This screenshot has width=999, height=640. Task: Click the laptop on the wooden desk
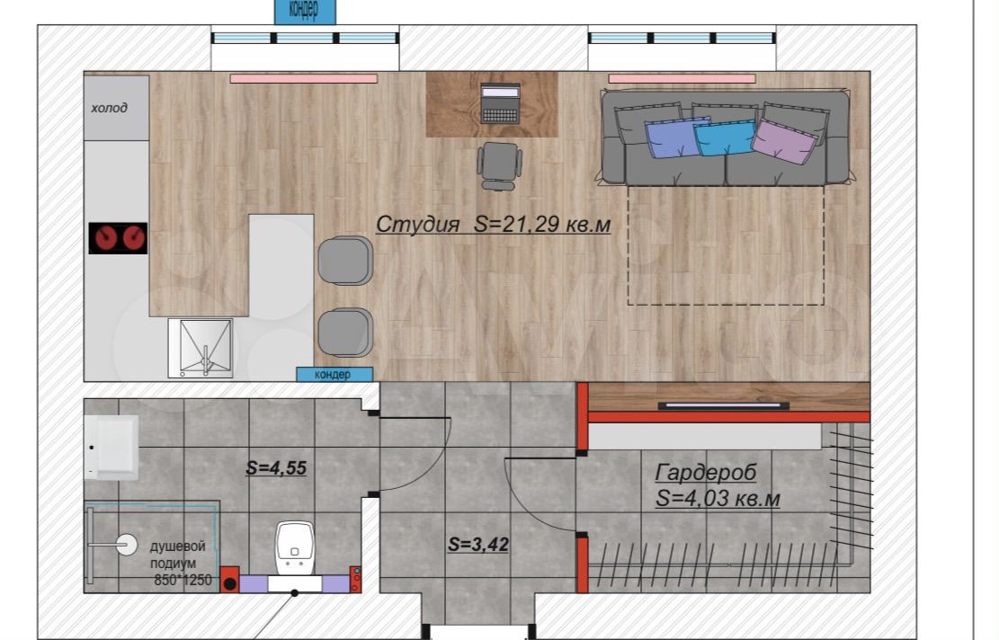tap(500, 103)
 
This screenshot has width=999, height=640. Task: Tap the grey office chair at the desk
tap(500, 166)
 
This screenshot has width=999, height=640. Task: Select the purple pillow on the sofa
tap(784, 141)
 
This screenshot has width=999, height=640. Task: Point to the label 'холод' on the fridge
tap(109, 108)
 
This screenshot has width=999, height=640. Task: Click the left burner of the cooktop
tap(104, 239)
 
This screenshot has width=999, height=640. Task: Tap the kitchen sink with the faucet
tap(201, 349)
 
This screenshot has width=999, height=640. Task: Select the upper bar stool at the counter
tap(345, 261)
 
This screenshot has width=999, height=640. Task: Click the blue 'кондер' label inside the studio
tap(334, 375)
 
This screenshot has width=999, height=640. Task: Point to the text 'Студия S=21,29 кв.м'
tap(493, 224)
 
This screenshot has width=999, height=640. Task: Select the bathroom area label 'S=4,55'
tap(276, 468)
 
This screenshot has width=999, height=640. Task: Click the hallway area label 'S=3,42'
tap(477, 545)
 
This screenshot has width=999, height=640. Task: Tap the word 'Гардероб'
tap(706, 473)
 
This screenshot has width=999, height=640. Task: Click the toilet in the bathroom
tap(295, 548)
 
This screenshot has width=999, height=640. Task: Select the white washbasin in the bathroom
tap(112, 447)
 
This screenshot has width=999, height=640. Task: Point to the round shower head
tap(126, 545)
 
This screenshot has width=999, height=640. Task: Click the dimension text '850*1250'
tap(183, 581)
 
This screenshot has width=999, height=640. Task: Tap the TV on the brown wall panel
tap(723, 405)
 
